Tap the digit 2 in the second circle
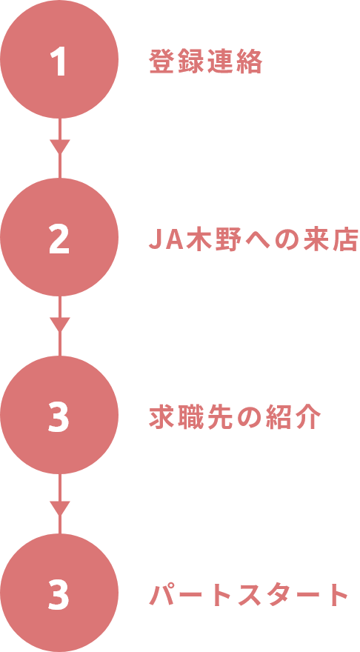coord(59,239)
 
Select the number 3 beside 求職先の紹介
coord(59,416)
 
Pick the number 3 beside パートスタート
coord(59,593)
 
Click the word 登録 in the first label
coord(177,62)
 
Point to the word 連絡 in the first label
coord(235,62)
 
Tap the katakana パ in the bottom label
coord(162,594)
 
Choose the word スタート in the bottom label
coord(293,595)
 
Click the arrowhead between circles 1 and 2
coord(59,147)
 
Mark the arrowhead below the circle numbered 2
coord(59,325)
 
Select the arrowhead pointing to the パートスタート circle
coord(59,508)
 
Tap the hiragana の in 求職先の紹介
coord(249,416)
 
